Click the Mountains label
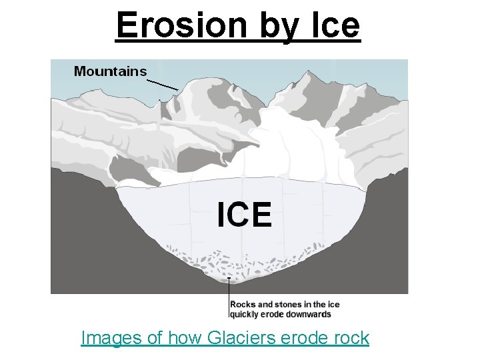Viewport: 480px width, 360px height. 110,71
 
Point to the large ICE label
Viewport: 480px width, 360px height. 245,215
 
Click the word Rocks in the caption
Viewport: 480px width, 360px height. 242,305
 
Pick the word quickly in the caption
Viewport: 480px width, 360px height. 244,314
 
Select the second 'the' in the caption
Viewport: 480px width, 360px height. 322,305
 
